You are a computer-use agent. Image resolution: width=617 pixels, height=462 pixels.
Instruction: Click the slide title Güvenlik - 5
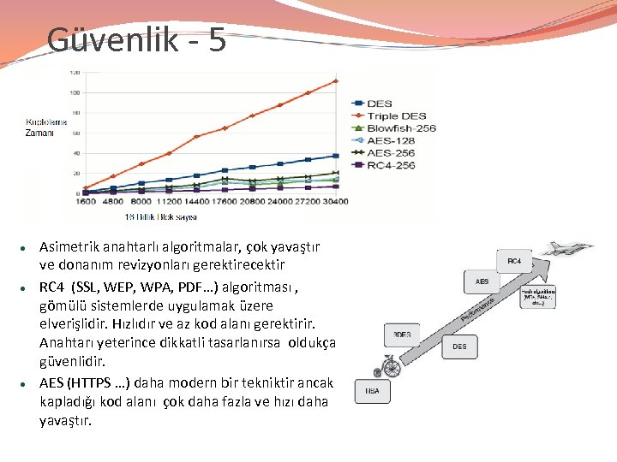[x=136, y=39]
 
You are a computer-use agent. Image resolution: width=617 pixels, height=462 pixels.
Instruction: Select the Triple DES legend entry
[x=396, y=115]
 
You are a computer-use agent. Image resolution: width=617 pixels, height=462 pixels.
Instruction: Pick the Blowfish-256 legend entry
[x=401, y=127]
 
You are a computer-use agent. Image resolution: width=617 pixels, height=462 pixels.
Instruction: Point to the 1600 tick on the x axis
[x=85, y=203]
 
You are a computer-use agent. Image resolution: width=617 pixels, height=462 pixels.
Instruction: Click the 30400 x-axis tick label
[x=335, y=203]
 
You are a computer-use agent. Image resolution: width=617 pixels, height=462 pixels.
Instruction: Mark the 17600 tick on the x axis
[x=225, y=203]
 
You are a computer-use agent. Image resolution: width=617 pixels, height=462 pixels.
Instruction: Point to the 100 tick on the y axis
[x=75, y=92]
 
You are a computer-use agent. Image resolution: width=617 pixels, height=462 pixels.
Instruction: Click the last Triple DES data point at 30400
[x=335, y=81]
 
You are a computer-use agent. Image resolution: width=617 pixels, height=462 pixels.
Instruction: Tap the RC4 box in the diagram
[x=514, y=261]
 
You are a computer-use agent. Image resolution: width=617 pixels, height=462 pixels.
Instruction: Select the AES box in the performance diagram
[x=482, y=281]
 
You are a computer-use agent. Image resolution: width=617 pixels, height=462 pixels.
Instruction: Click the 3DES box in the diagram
[x=402, y=334]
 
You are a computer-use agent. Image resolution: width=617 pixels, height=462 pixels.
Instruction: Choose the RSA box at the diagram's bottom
[x=372, y=390]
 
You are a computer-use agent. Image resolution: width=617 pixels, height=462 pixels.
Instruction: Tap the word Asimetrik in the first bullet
[x=68, y=246]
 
